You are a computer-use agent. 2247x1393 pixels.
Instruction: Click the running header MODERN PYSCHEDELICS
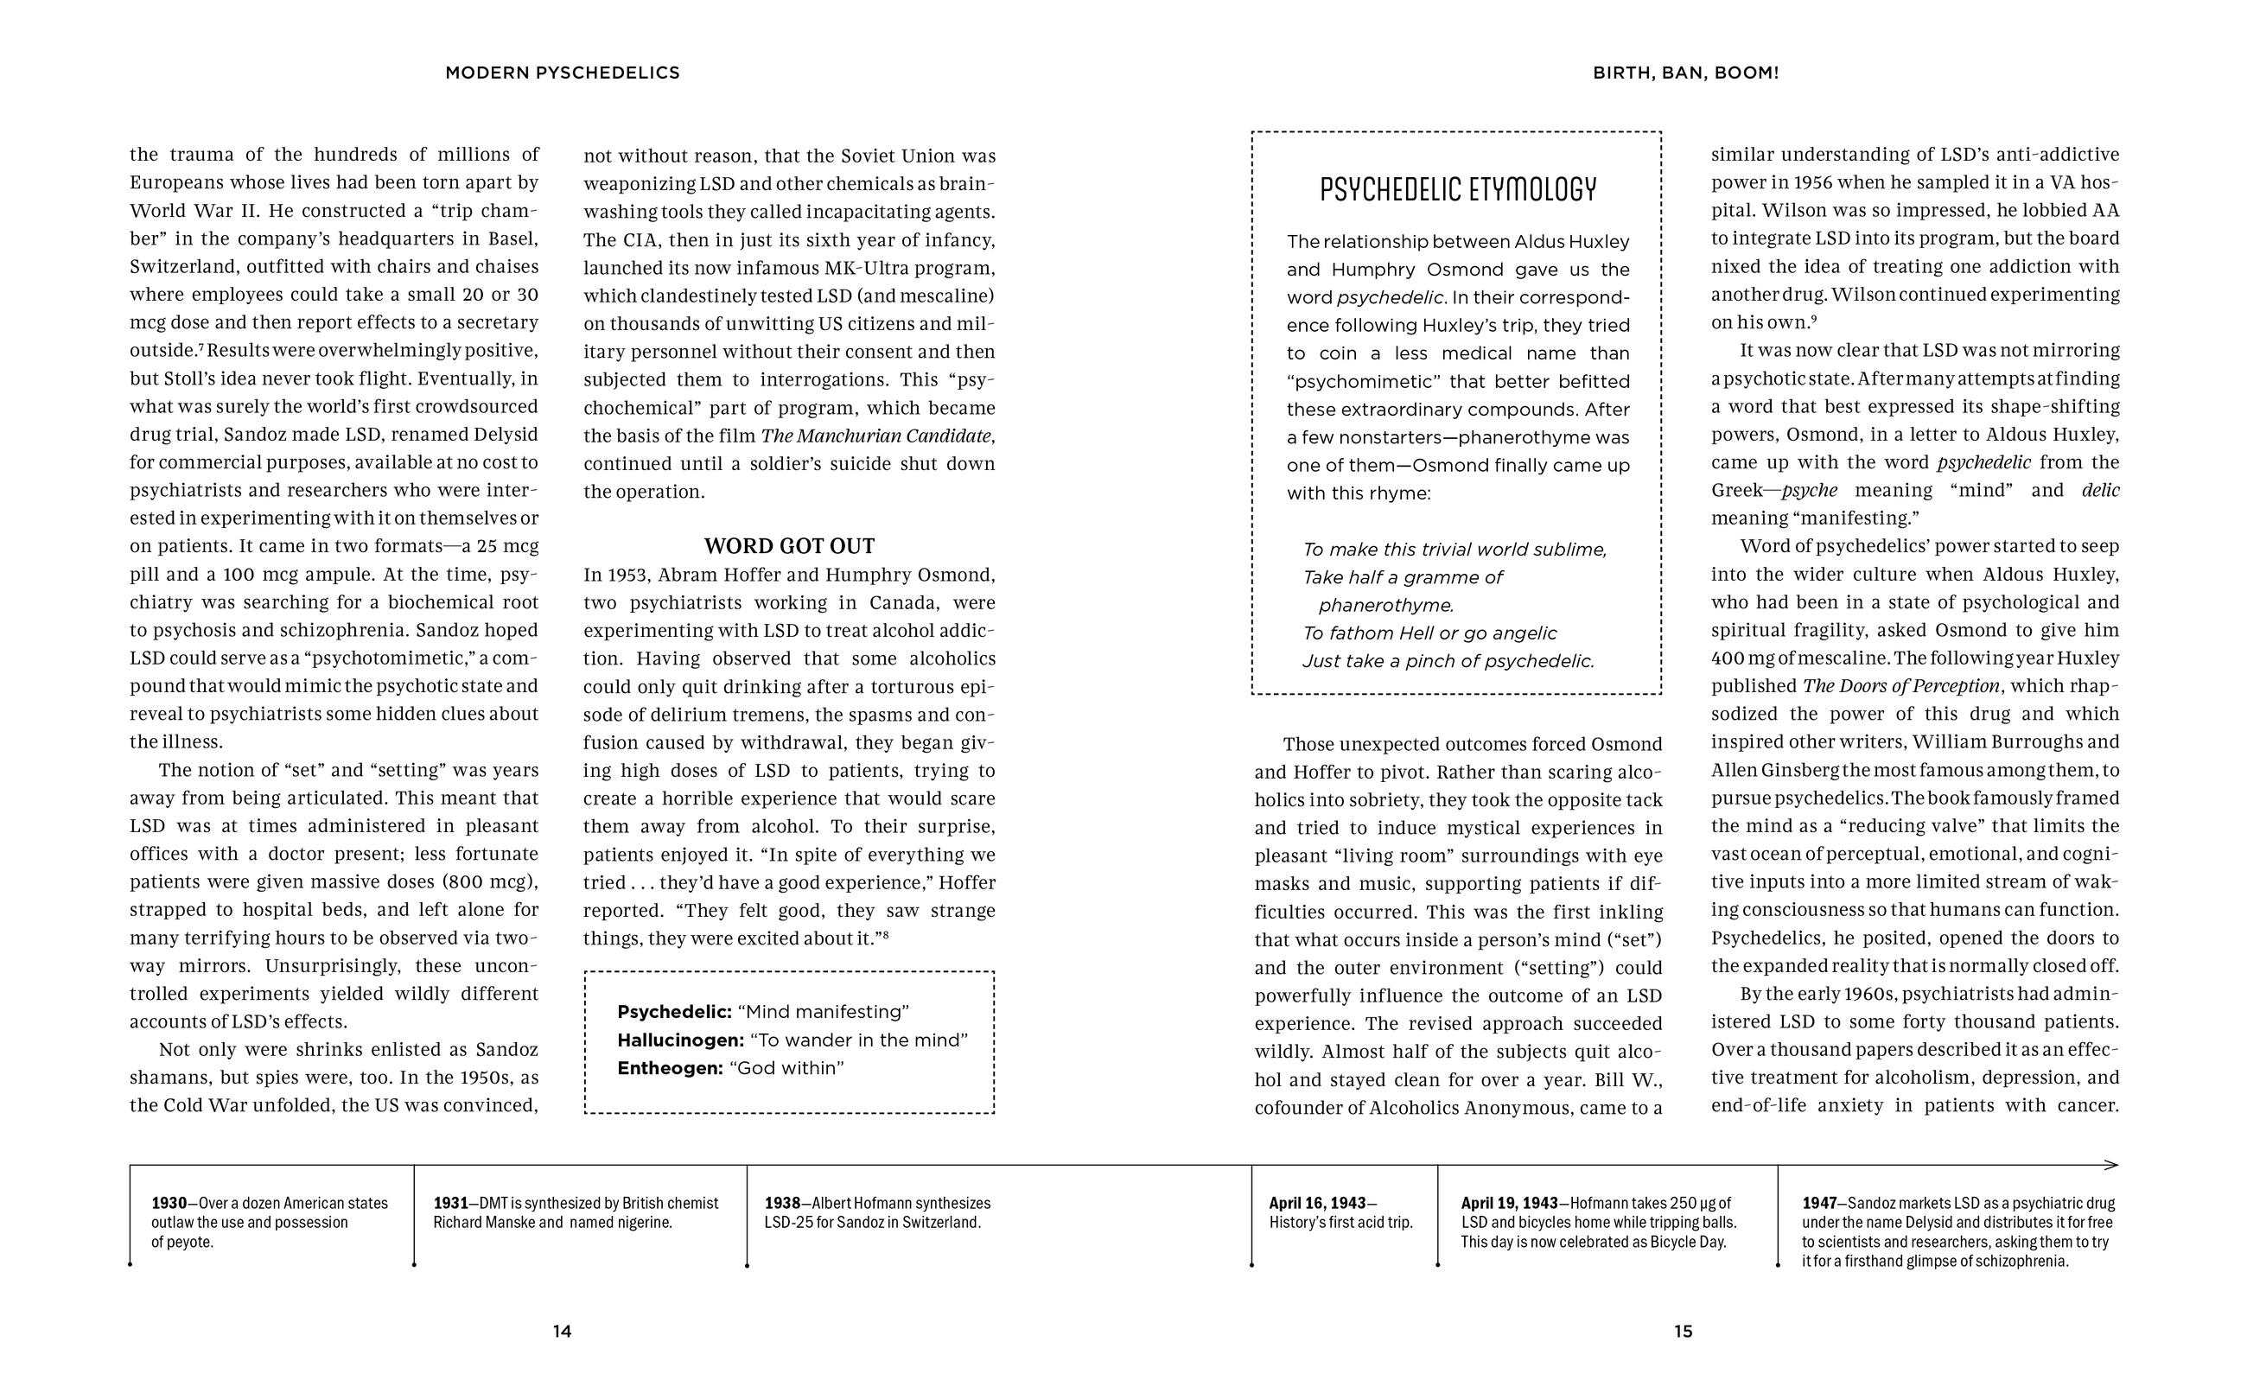coord(562,73)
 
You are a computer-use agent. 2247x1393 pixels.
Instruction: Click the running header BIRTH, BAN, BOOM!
coord(1685,73)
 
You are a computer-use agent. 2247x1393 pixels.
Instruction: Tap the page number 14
coord(562,1332)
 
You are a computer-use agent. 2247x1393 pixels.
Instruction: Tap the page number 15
coord(1684,1332)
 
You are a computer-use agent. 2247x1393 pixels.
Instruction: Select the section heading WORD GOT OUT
coord(789,546)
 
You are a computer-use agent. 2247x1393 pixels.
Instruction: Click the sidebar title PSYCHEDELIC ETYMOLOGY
coord(1457,190)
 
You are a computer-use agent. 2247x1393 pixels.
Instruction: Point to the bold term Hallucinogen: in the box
coord(680,1040)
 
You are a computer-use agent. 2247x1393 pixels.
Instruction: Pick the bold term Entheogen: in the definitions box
coord(670,1069)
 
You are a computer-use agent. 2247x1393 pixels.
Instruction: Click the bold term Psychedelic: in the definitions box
coord(674,1012)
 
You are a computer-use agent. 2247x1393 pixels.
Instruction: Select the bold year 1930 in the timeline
coord(169,1203)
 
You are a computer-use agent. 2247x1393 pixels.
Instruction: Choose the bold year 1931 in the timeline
coord(450,1203)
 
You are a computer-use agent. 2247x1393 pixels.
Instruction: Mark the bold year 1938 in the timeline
coord(781,1203)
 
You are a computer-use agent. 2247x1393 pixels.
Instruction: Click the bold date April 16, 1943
coord(1317,1203)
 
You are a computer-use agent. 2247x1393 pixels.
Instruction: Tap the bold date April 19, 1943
coord(1509,1203)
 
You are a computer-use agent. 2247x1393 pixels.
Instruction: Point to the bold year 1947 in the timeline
coord(1818,1203)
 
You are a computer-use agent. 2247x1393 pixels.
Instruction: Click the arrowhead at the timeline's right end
coord(2112,1166)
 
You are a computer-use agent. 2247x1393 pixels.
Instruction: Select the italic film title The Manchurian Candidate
coord(876,436)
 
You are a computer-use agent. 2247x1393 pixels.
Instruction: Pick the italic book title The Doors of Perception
coord(1900,686)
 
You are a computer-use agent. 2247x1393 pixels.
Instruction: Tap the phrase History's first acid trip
coord(1340,1223)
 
